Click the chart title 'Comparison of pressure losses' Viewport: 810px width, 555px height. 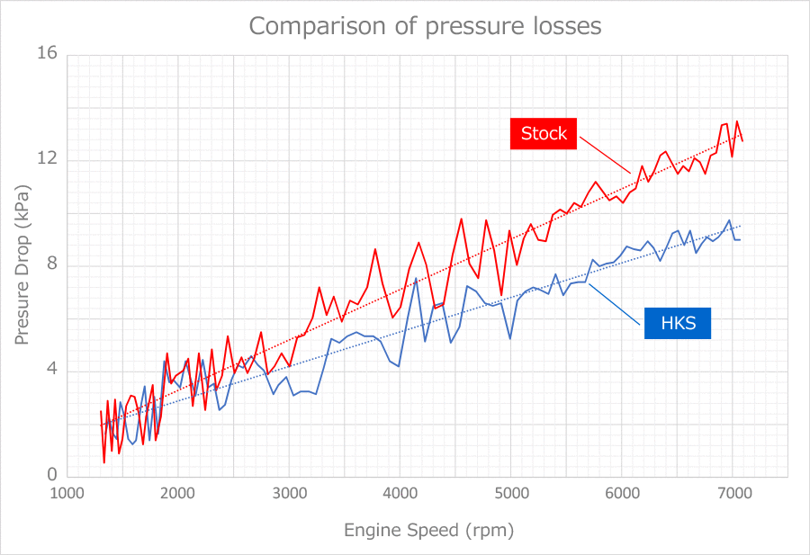(x=425, y=26)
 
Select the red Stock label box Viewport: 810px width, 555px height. (x=544, y=133)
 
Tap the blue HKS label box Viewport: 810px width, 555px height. (x=678, y=323)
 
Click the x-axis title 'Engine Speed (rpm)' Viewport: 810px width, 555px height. (x=428, y=530)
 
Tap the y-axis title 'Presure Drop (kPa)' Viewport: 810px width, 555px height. (x=22, y=265)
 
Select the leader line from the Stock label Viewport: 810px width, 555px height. (x=605, y=155)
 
